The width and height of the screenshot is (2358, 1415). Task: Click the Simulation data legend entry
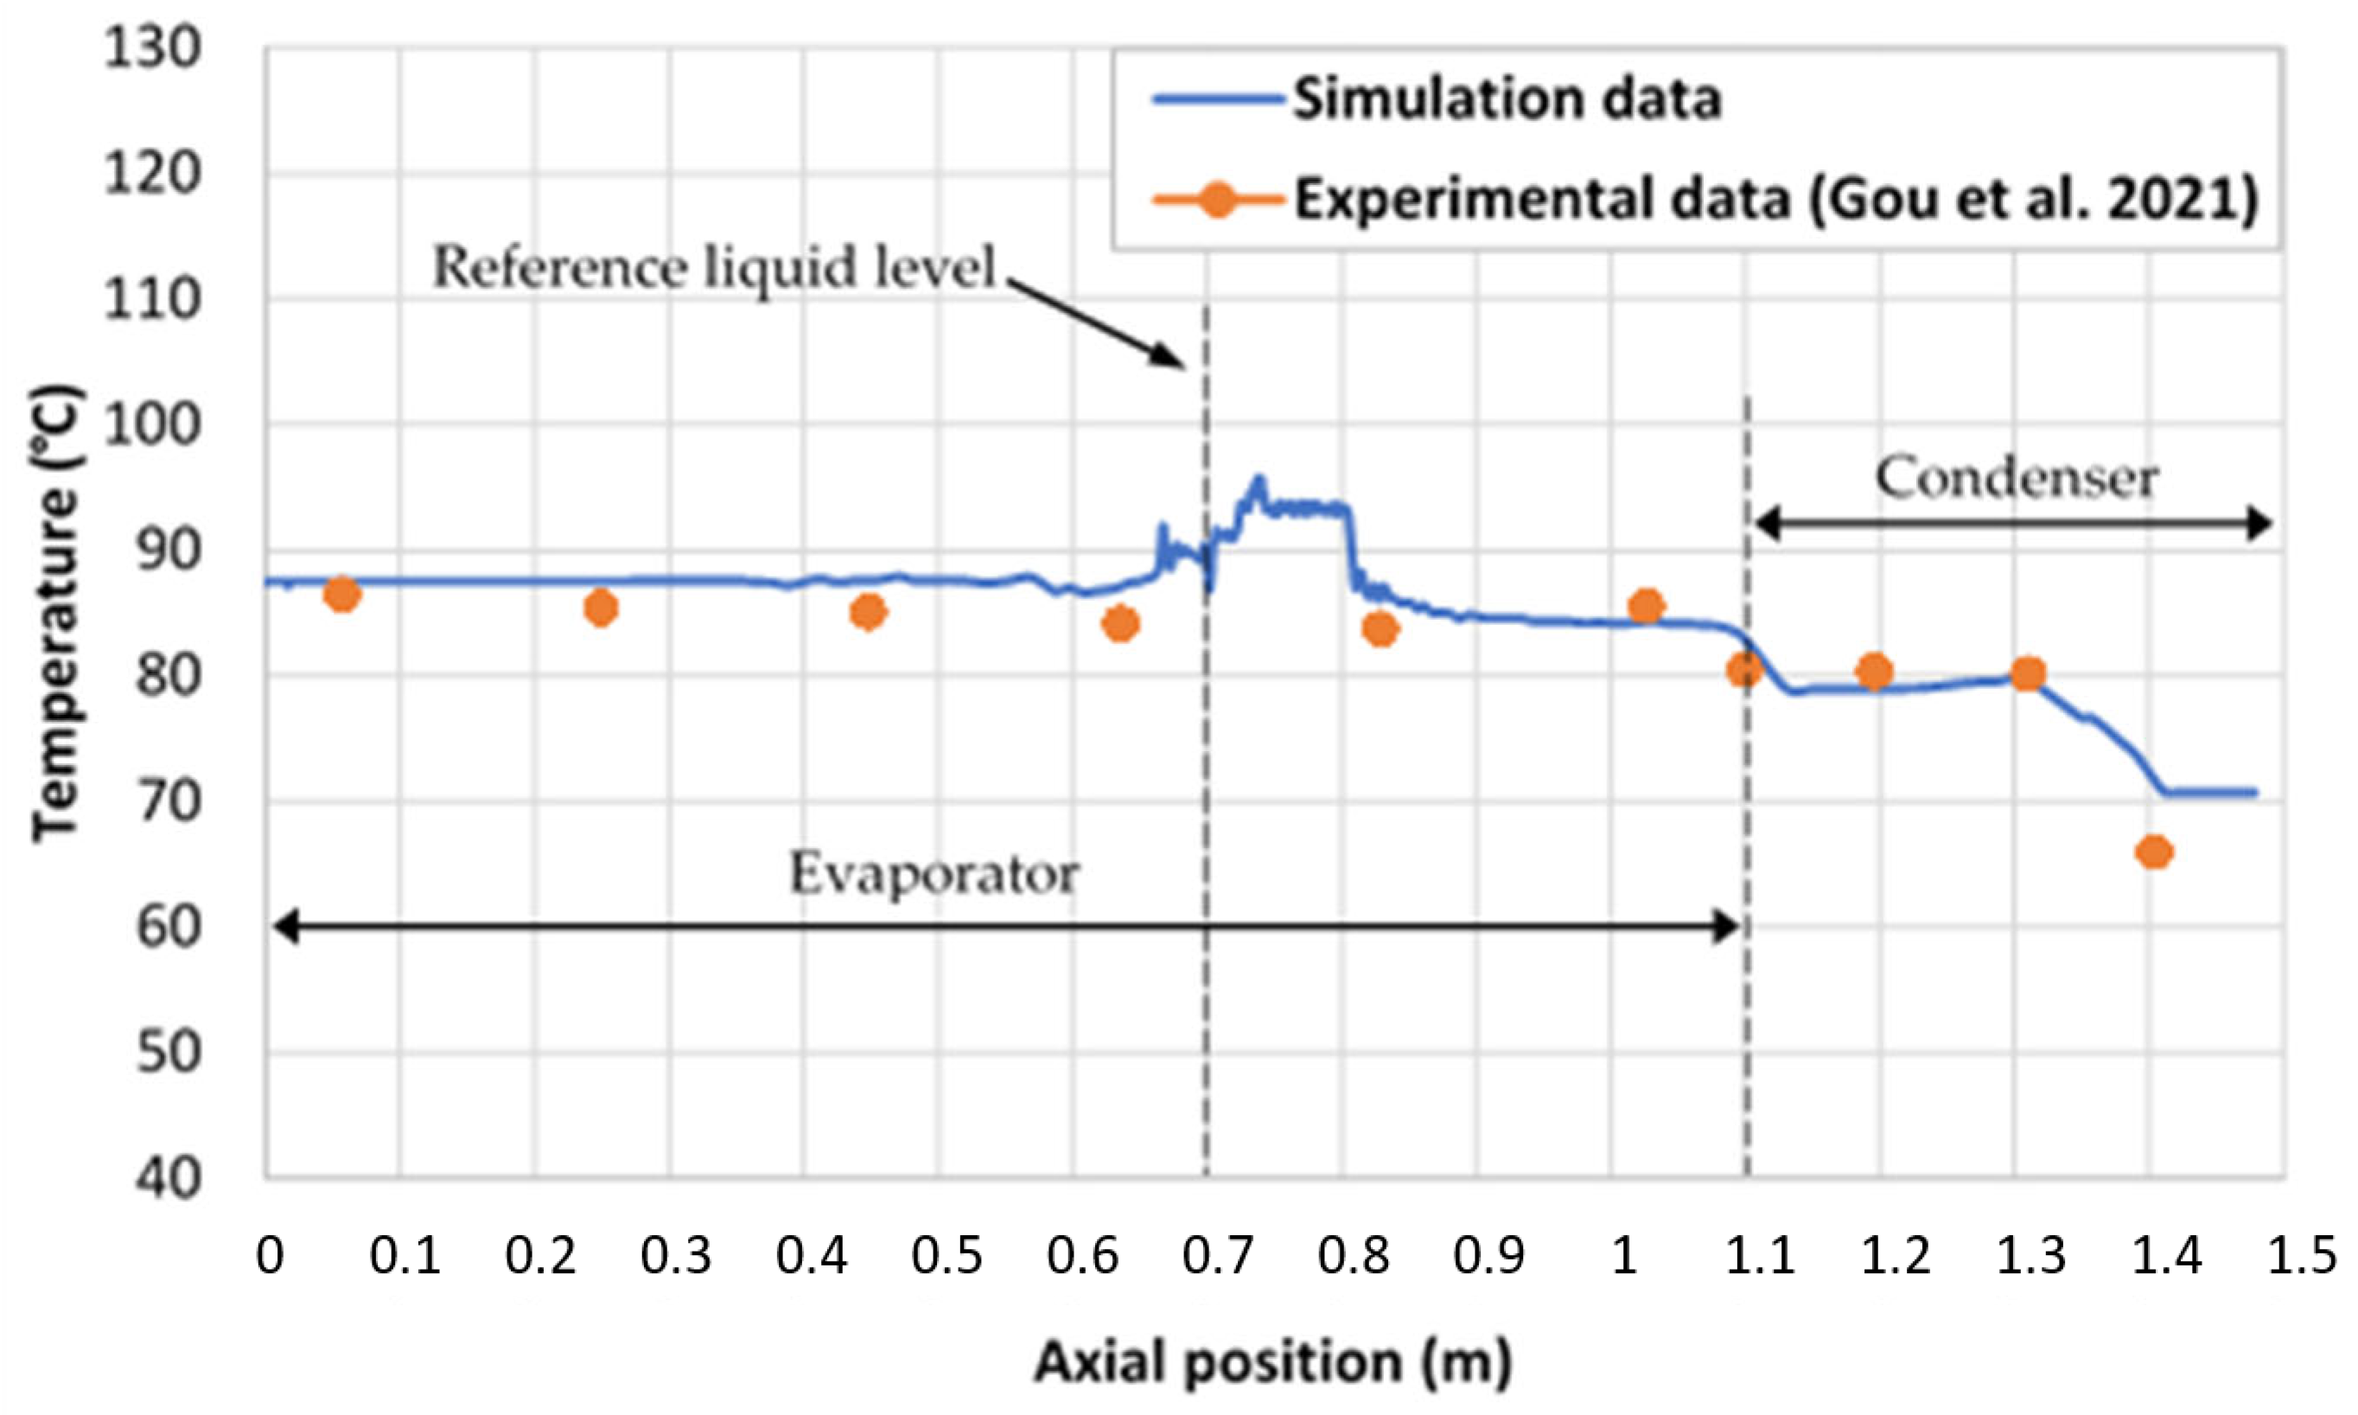coord(1507,99)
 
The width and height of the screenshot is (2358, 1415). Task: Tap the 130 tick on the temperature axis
coord(152,48)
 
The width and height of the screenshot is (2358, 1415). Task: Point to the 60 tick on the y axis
coord(167,927)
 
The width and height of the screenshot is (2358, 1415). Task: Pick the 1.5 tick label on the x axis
coord(2300,1256)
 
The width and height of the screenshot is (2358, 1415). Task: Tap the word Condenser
coord(2017,478)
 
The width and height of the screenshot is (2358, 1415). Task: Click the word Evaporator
coord(934,873)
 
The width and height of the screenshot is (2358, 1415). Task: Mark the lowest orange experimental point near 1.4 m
coord(2154,851)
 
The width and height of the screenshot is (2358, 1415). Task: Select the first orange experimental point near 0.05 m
coord(341,595)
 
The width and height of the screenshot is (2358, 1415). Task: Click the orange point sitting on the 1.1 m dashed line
coord(1744,670)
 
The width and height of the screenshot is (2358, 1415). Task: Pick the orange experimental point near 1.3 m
coord(2027,674)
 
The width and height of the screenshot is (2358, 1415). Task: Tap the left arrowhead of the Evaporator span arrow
coord(284,926)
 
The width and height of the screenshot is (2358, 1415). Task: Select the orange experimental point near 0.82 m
coord(1380,629)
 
